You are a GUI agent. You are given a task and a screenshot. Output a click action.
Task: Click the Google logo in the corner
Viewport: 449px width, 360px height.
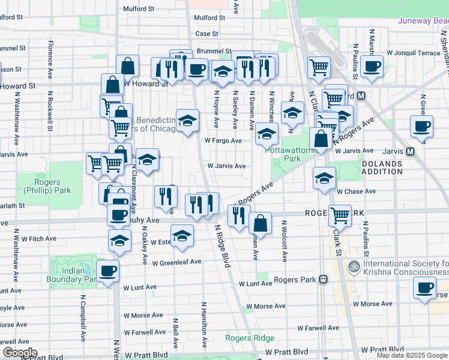coord(20,352)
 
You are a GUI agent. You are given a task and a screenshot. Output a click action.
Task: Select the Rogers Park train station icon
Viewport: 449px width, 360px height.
coord(323,280)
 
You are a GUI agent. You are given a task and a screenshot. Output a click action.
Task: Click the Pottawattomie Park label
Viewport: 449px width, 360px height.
coord(283,154)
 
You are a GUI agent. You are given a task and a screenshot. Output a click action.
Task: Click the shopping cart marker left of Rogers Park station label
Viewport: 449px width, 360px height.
coord(340,214)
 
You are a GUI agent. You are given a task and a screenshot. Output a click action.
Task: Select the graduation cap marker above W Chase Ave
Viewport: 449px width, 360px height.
coord(324,178)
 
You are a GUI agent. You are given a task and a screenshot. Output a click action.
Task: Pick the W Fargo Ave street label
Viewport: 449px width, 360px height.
coord(223,140)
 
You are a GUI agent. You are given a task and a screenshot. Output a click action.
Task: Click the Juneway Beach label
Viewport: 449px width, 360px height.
coord(423,20)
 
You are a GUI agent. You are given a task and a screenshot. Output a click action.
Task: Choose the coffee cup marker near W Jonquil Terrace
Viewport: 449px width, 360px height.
coord(372,66)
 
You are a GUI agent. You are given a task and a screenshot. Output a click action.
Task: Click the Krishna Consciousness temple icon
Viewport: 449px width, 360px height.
coord(354,265)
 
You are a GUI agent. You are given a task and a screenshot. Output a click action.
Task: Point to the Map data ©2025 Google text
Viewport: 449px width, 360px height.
coord(411,355)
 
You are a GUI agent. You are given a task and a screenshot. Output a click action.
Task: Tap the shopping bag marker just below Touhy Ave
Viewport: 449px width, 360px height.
coord(261,224)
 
